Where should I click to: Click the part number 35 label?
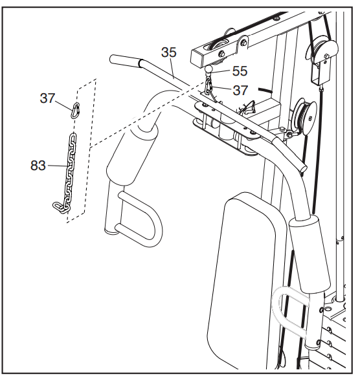tap(168, 52)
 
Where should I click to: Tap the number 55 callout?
tap(240, 71)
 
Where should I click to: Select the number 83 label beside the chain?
tap(38, 166)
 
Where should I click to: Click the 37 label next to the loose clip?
tap(48, 98)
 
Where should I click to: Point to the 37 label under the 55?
tap(240, 90)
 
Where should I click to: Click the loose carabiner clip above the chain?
tap(75, 111)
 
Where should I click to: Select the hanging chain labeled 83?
tap(65, 174)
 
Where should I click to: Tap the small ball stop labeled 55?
tap(208, 70)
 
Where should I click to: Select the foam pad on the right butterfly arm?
tap(309, 254)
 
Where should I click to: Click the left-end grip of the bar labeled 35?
tap(124, 61)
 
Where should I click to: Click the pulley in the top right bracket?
tap(322, 50)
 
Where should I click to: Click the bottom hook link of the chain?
tap(58, 207)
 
